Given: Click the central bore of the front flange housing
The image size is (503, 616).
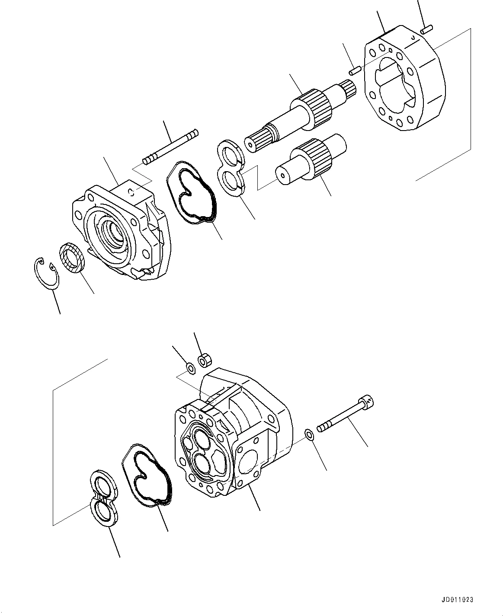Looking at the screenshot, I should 113,231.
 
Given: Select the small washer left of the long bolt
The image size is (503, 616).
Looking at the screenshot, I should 310,434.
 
